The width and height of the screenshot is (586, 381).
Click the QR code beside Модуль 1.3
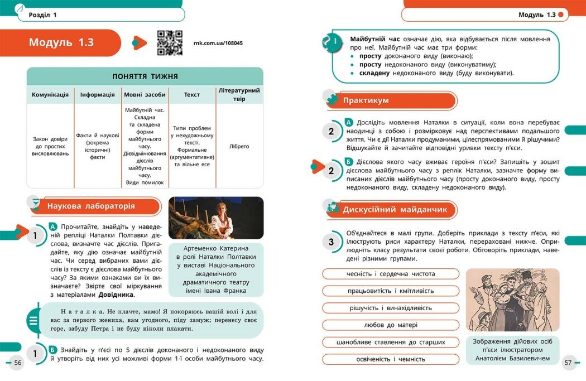click(170, 43)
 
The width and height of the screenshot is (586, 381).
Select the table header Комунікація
click(50, 95)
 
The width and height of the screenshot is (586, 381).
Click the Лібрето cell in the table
click(239, 147)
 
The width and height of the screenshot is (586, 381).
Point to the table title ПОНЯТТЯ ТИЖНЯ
click(145, 77)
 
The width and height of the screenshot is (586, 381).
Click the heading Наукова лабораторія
click(91, 206)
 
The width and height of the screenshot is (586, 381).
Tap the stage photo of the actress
click(215, 218)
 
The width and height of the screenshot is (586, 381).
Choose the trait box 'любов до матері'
click(391, 325)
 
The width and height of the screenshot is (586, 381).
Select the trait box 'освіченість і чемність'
click(391, 359)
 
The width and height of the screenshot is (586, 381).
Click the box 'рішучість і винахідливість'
click(391, 308)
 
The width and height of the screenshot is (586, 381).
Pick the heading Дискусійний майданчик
click(395, 210)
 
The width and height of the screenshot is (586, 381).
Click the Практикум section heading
click(366, 100)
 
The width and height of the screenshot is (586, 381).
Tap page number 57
click(568, 363)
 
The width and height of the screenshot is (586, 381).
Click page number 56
click(18, 363)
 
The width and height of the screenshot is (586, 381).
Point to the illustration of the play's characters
click(512, 300)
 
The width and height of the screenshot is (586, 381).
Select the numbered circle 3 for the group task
click(331, 242)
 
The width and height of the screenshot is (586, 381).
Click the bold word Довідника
click(117, 295)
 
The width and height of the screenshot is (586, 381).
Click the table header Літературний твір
click(239, 94)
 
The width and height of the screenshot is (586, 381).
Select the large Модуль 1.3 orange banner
click(67, 43)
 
